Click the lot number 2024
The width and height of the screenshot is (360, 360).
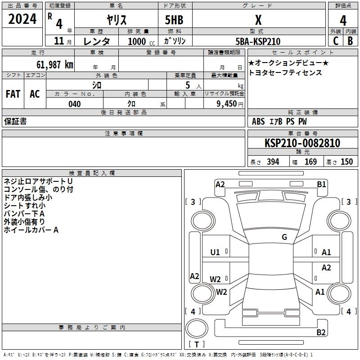click(x=22, y=20)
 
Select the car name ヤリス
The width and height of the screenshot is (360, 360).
click(x=116, y=20)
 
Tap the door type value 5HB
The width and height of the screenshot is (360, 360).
click(x=174, y=20)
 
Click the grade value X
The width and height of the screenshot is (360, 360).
click(x=258, y=20)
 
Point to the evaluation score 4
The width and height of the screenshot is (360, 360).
click(x=343, y=21)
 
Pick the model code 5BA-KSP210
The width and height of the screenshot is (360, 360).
click(x=258, y=41)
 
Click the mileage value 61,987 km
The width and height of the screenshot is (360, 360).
click(x=50, y=65)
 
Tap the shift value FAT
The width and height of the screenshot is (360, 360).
click(x=13, y=94)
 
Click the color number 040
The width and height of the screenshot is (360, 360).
click(x=75, y=104)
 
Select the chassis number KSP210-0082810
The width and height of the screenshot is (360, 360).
click(x=302, y=143)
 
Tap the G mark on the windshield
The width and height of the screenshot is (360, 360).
click(x=284, y=237)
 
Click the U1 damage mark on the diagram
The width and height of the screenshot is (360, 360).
click(x=215, y=252)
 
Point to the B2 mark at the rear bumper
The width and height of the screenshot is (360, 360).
click(x=321, y=332)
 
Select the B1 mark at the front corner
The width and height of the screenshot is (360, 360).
click(x=321, y=184)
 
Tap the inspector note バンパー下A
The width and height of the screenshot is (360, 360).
click(x=24, y=213)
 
